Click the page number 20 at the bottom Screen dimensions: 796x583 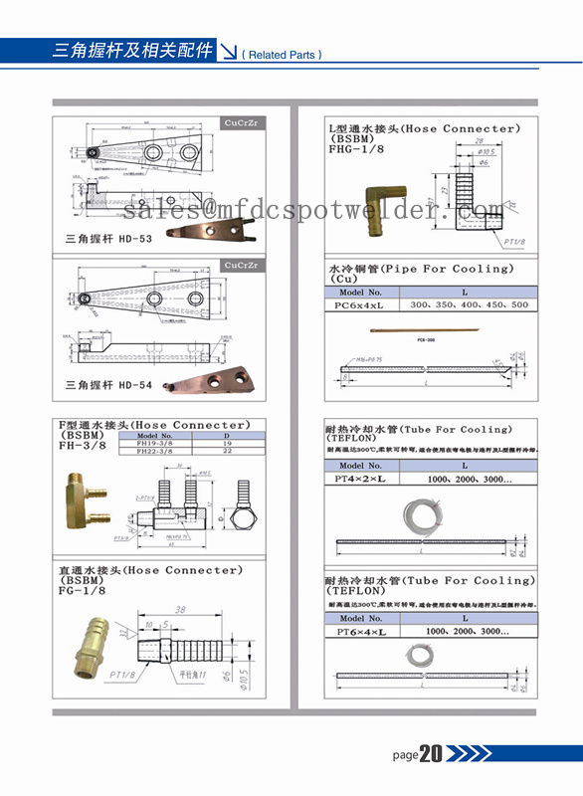pos(431,754)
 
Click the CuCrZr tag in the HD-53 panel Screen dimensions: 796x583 pos(241,124)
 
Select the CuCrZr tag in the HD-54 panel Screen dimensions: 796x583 pos(241,266)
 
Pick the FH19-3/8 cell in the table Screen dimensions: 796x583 pos(152,444)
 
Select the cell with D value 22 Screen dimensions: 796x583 pos(226,452)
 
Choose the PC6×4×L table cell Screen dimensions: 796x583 pos(361,304)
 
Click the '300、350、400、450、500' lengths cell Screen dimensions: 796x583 pos(469,304)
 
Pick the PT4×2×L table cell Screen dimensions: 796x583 pos(361,479)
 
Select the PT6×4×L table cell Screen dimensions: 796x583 pos(361,631)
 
